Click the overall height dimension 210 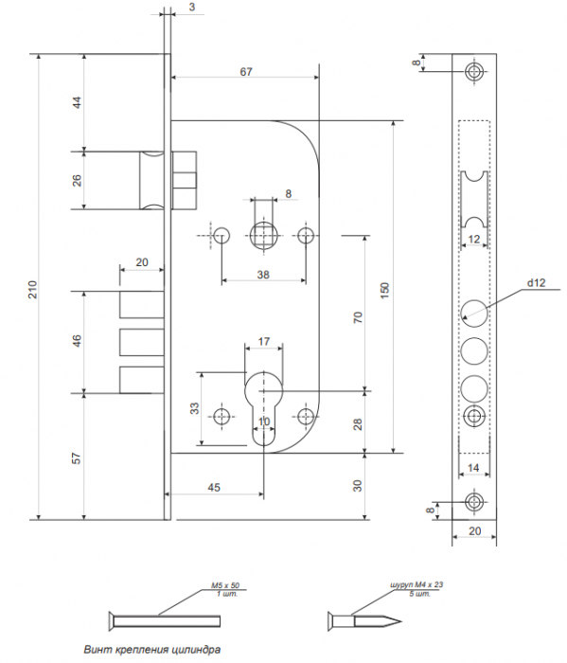[x=33, y=289]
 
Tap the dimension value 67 [x=246, y=72]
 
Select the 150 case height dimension [x=384, y=291]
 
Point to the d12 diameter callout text [x=536, y=283]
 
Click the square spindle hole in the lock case [x=264, y=236]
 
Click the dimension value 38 [x=263, y=275]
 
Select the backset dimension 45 [x=214, y=487]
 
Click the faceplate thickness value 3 [x=192, y=8]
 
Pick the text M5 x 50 [x=225, y=585]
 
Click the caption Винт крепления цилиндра [x=152, y=649]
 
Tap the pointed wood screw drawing [x=364, y=621]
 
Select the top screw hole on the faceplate [x=474, y=71]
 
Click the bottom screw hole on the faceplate [x=474, y=502]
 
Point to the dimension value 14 [x=473, y=468]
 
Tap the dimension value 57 [x=76, y=457]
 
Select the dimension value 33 [x=194, y=408]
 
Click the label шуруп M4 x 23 [x=416, y=584]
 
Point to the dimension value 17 [x=264, y=341]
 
